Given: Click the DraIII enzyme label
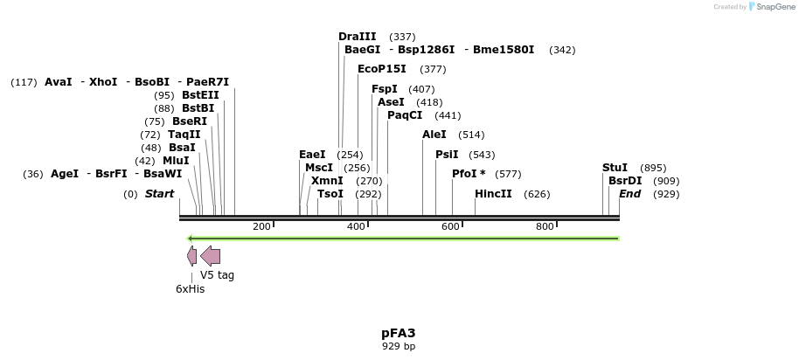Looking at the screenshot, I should pos(357,37).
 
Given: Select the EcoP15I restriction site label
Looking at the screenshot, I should pos(381,69).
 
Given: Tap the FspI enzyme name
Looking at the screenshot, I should pos(385,89).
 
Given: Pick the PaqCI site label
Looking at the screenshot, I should pos(405,115).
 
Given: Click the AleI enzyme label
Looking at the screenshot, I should pos(434,135).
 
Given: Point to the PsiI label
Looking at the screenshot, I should pos(447,155).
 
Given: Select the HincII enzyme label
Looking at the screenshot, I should pos(493,194).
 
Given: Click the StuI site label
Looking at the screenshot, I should pos(615,168).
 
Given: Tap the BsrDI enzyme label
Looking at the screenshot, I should pos(625,181).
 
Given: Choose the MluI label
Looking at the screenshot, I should pos(176,161).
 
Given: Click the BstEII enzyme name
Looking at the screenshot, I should pos(200,95).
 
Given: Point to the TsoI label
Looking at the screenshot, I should pos(330,194).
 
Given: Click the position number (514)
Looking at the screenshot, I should pos(471,135).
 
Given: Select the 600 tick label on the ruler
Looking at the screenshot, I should pos(450,227).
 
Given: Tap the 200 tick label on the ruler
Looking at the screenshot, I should pos(261,227).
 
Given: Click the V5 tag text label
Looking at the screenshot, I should pos(217,275).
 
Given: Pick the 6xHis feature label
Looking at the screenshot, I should pos(190,288).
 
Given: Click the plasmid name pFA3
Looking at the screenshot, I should pos(398,333).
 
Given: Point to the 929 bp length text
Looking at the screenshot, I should pos(399,347).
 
